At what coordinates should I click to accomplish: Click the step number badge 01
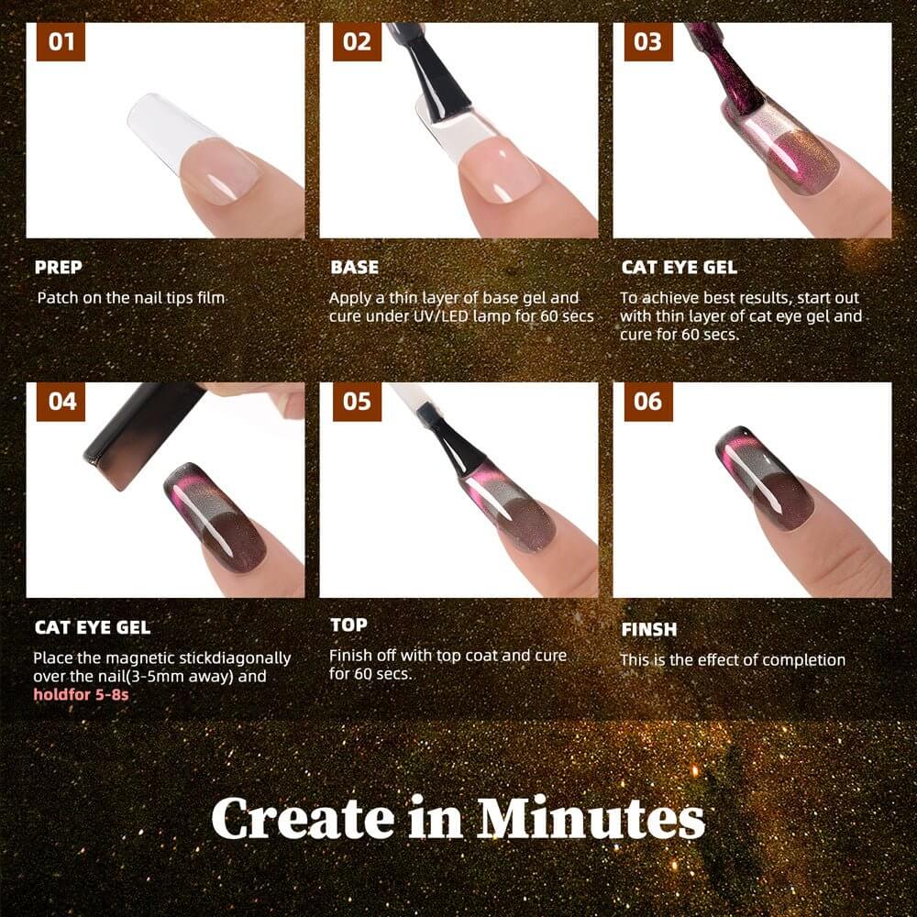coord(61,41)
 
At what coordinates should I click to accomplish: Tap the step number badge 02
coord(357,41)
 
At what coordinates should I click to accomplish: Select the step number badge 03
coord(648,41)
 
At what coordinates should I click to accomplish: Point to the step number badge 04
coord(61,402)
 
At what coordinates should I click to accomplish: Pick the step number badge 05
coord(357,402)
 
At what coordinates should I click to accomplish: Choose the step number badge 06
coord(648,402)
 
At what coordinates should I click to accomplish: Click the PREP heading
coord(59,267)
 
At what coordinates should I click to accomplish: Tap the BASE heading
coord(354,267)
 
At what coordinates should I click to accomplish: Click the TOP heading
coord(348,625)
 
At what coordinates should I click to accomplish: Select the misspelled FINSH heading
coord(649,629)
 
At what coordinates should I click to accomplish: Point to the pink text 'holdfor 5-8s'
coord(81,695)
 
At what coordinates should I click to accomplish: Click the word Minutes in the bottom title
coord(591,818)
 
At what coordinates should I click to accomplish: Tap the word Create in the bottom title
coord(303,818)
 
